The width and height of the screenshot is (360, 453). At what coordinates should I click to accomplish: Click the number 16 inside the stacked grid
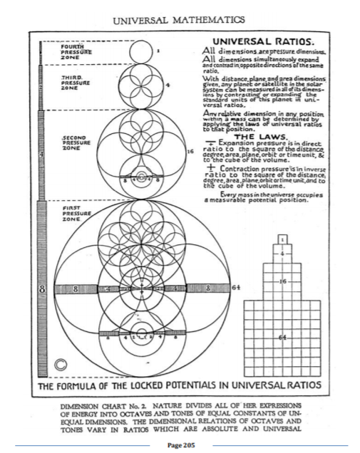(283, 281)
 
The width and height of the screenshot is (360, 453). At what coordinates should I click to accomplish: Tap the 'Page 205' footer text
(180, 443)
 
